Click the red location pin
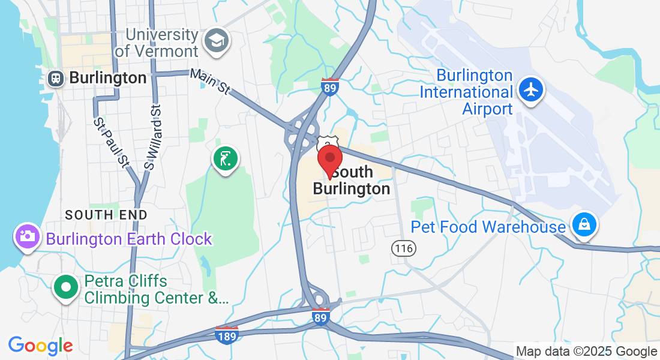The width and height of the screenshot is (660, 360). pyautogui.click(x=329, y=160)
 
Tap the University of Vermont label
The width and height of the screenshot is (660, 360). pyautogui.click(x=157, y=43)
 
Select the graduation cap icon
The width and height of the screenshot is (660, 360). pyautogui.click(x=215, y=41)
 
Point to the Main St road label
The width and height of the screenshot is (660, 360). pyautogui.click(x=210, y=82)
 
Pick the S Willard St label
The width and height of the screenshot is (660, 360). pyautogui.click(x=153, y=136)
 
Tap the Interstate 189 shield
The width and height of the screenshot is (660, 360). pyautogui.click(x=227, y=334)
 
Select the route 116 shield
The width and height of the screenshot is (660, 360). pyautogui.click(x=404, y=247)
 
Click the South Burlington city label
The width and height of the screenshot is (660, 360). pyautogui.click(x=352, y=181)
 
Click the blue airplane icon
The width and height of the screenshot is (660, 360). pyautogui.click(x=531, y=90)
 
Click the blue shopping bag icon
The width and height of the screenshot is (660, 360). pyautogui.click(x=583, y=226)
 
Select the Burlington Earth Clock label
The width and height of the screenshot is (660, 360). pyautogui.click(x=129, y=239)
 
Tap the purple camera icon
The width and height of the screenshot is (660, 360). pyautogui.click(x=27, y=236)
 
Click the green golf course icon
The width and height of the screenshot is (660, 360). pyautogui.click(x=225, y=160)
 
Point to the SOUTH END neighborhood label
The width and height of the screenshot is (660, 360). pyautogui.click(x=106, y=215)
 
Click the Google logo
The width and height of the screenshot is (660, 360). pyautogui.click(x=40, y=346)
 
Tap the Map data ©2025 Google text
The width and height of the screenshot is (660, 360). pyautogui.click(x=587, y=352)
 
